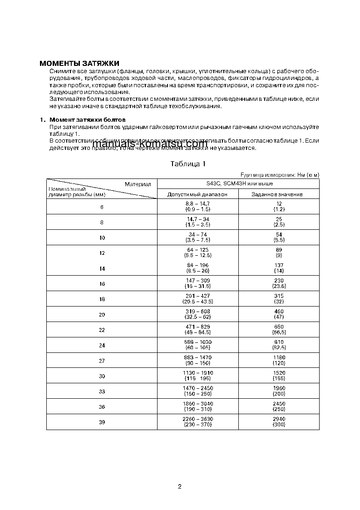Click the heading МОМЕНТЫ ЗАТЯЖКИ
[x=79, y=63]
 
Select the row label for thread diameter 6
[x=102, y=207]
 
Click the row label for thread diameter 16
[x=102, y=284]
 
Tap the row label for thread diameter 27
[x=102, y=361]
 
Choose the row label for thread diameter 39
[x=102, y=422]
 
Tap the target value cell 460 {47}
[x=279, y=314]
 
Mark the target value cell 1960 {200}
[x=279, y=391]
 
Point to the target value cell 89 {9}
[x=279, y=253]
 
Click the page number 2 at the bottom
[x=180, y=486]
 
